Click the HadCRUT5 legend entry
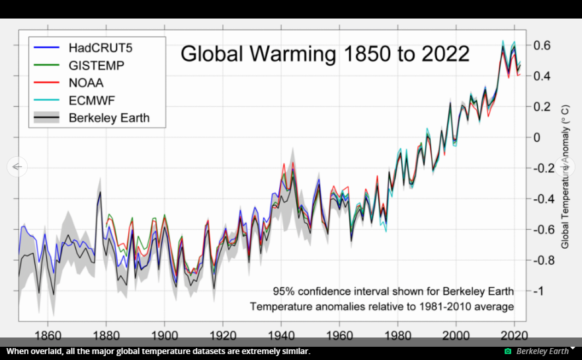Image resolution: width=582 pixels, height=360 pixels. click(101, 48)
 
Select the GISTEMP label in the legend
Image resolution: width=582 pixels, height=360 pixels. click(97, 66)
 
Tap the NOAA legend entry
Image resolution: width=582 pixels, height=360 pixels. click(86, 83)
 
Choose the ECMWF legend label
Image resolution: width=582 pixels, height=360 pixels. click(92, 101)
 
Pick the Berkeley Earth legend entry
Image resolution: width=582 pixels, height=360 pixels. click(109, 118)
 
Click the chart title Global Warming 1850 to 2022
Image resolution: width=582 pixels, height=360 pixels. click(325, 54)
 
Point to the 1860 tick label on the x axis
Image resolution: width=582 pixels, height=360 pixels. click(48, 336)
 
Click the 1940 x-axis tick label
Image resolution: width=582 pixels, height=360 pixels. click(281, 336)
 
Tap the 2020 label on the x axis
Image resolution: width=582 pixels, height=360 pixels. click(514, 336)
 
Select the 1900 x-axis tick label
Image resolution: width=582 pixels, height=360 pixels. click(165, 336)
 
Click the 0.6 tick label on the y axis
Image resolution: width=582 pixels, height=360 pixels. click(542, 45)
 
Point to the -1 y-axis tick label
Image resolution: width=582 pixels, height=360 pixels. click(538, 291)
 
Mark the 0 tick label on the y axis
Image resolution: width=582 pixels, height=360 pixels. click(537, 137)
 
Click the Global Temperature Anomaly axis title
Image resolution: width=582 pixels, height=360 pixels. click(565, 177)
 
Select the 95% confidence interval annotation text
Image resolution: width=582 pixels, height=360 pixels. click(394, 291)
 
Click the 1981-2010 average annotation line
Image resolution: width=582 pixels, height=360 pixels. click(382, 306)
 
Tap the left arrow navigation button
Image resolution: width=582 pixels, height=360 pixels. click(17, 167)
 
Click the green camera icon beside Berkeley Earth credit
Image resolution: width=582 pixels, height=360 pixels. click(508, 351)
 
